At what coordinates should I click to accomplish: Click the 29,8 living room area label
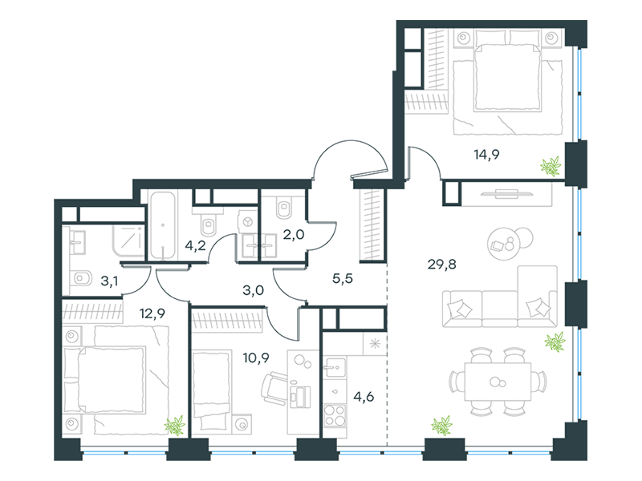tap(442, 265)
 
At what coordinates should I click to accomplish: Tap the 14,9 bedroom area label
tap(486, 155)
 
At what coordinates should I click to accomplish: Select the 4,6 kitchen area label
tap(364, 397)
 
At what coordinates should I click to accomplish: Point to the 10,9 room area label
tap(256, 358)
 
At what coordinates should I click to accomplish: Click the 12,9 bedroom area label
tap(152, 313)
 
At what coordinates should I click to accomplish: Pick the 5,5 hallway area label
tap(343, 278)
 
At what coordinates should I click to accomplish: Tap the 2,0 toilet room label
tap(294, 235)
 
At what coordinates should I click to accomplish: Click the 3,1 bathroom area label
tap(109, 281)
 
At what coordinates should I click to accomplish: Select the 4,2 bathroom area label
tap(195, 246)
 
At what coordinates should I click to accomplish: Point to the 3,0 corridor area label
tap(253, 290)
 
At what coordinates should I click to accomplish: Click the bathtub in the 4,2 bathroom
tap(163, 225)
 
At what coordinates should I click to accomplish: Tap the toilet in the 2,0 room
tap(285, 208)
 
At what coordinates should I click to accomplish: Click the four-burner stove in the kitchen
tap(335, 415)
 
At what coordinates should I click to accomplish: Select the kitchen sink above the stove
tap(335, 367)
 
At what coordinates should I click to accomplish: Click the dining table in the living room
tap(498, 382)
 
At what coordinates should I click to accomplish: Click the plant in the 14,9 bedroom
tap(551, 166)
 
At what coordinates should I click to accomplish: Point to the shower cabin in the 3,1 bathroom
tap(129, 242)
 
